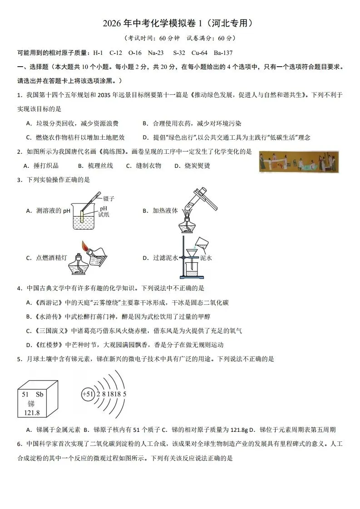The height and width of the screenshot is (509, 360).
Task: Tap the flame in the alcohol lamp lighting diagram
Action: tap(84, 246)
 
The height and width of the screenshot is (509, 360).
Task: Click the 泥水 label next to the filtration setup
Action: tap(206, 258)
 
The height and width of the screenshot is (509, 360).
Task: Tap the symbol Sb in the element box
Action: tap(39, 394)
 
